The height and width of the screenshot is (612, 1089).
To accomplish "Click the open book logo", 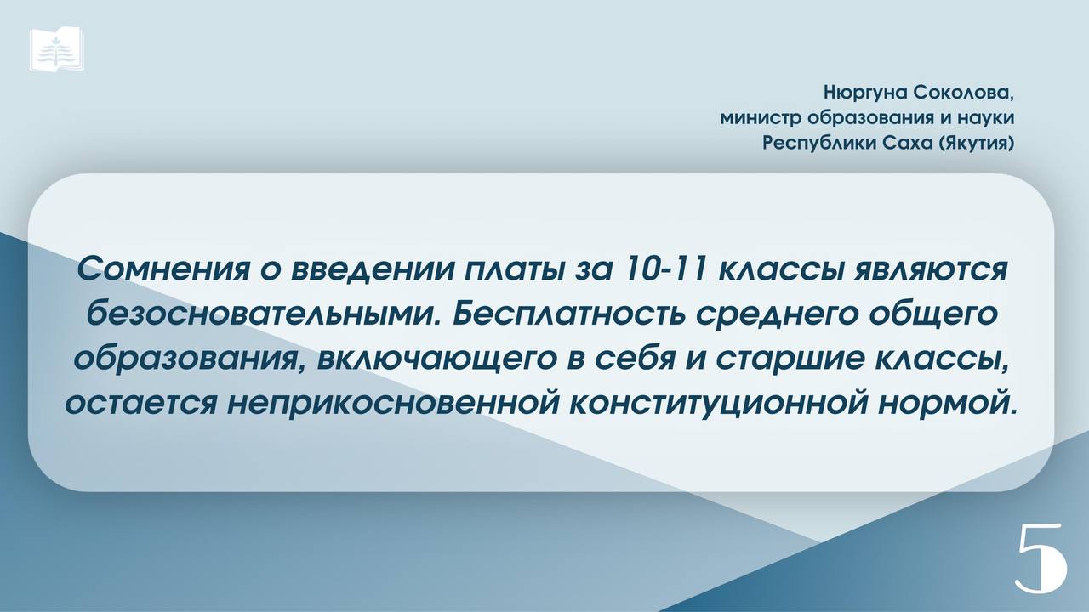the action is click(x=56, y=49).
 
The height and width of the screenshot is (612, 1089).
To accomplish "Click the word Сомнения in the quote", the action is click(x=163, y=270).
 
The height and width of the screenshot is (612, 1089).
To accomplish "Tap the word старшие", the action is click(x=785, y=360).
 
